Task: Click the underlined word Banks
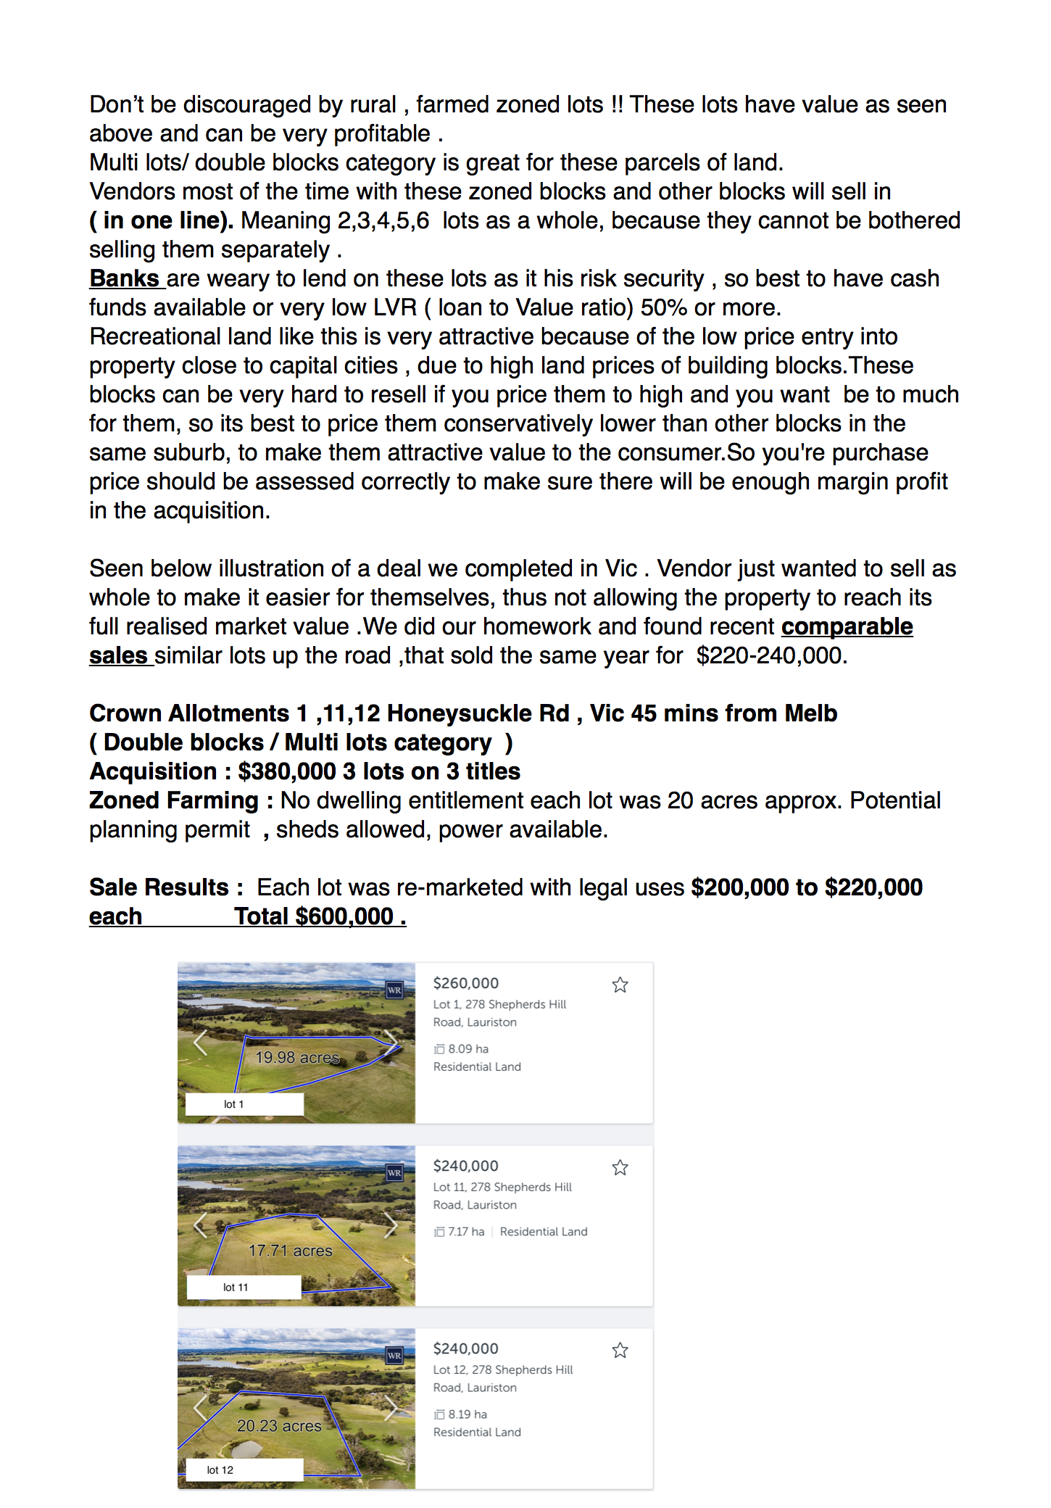[124, 278]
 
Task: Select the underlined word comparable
[847, 626]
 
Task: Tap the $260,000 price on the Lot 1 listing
[465, 983]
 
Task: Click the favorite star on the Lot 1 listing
[620, 985]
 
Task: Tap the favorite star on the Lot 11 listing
[620, 1167]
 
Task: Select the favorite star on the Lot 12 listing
[620, 1350]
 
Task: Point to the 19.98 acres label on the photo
[297, 1058]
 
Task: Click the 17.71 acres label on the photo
[290, 1251]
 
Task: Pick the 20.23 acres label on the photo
[279, 1426]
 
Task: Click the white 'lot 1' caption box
[244, 1104]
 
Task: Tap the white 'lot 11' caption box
[244, 1287]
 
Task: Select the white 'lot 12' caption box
[244, 1470]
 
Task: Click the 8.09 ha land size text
[468, 1049]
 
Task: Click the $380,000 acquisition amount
[286, 771]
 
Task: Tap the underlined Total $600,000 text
[320, 916]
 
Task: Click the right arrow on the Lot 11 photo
[391, 1225]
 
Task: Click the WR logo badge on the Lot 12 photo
[394, 1355]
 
